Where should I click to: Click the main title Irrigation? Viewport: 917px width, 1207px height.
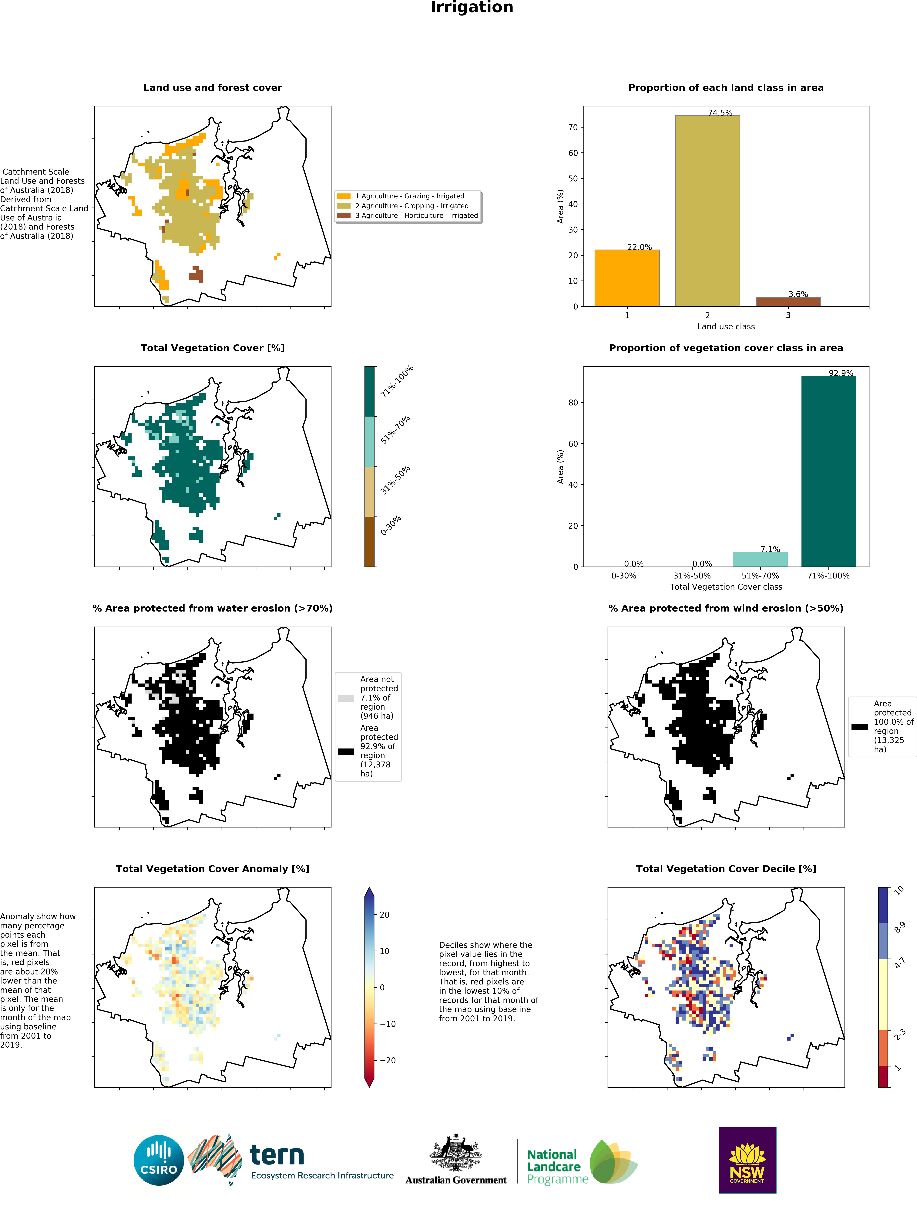pyautogui.click(x=472, y=8)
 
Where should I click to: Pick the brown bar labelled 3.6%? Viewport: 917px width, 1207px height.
pyautogui.click(x=788, y=302)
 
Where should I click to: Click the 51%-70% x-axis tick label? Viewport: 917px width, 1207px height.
pyautogui.click(x=760, y=576)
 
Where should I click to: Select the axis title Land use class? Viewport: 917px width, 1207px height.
pyautogui.click(x=726, y=327)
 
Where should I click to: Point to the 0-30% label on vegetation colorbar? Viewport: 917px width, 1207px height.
pyautogui.click(x=391, y=525)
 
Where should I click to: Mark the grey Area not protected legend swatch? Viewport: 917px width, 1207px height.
pyautogui.click(x=346, y=698)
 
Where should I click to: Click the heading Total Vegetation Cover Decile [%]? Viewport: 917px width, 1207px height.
pyautogui.click(x=726, y=869)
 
